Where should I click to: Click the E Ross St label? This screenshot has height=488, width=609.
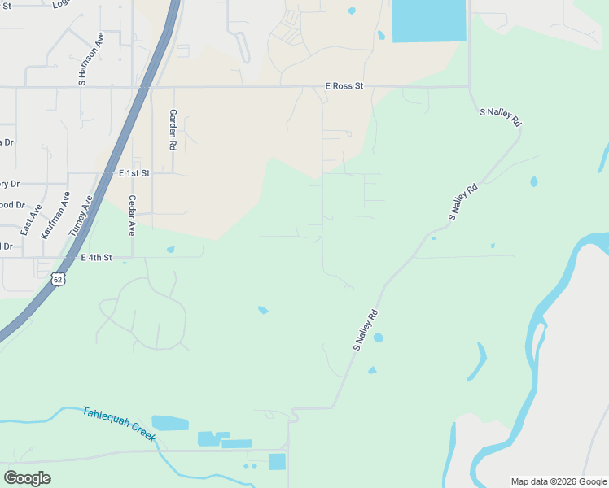(343, 85)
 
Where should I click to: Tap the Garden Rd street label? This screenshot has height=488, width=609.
(173, 130)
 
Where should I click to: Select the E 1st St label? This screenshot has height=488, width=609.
(134, 173)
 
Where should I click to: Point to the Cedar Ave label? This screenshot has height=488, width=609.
(132, 216)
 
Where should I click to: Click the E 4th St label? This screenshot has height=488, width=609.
(95, 257)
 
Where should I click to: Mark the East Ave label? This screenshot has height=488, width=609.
(31, 220)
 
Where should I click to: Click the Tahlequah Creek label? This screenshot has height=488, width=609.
(118, 424)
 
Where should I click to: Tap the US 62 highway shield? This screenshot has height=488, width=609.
(57, 279)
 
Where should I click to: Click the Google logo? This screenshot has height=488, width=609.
(27, 478)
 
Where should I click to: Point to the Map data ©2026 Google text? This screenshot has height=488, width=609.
(559, 481)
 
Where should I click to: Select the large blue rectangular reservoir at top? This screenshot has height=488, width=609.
(429, 20)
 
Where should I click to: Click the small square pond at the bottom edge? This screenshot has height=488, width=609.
(278, 462)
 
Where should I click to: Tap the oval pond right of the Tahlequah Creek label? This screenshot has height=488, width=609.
(169, 423)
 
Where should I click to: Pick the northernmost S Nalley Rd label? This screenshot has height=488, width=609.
(501, 116)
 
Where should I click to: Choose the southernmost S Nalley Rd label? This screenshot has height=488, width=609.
(366, 329)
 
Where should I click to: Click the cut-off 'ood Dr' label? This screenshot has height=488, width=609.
(12, 205)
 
